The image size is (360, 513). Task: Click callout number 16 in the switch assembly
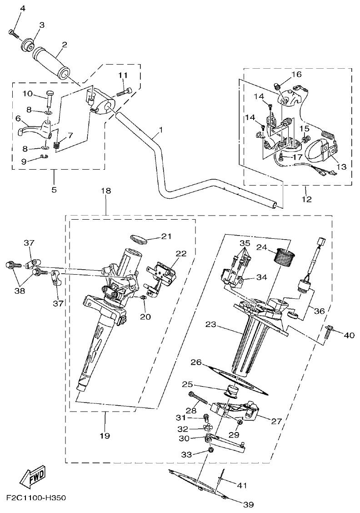point(296,74)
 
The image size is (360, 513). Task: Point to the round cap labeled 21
point(138,238)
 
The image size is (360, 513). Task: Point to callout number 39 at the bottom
point(248,504)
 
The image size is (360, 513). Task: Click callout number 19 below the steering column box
point(105,436)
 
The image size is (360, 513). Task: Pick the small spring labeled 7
point(57,146)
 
